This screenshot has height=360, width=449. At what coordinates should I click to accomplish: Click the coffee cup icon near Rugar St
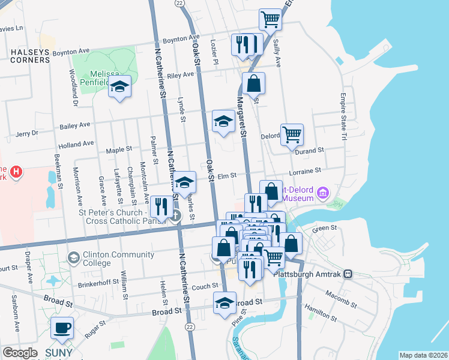(62, 328)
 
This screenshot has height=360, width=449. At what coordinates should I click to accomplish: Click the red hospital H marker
(17, 172)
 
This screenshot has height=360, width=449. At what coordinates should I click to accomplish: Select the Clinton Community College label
(97, 258)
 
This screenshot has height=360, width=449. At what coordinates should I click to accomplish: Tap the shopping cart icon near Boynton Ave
(271, 20)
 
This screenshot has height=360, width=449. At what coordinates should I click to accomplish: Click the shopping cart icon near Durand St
(292, 135)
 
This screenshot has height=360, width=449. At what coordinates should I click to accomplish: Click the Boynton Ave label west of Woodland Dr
(71, 52)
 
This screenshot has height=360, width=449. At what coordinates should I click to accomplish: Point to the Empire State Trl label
(344, 117)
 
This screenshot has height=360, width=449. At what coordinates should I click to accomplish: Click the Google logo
(20, 353)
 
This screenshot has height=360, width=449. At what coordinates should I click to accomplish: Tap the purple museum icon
(323, 193)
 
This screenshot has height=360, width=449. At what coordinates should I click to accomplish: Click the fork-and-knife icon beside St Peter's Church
(160, 206)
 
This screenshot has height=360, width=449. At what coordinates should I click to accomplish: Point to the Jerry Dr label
(26, 133)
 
